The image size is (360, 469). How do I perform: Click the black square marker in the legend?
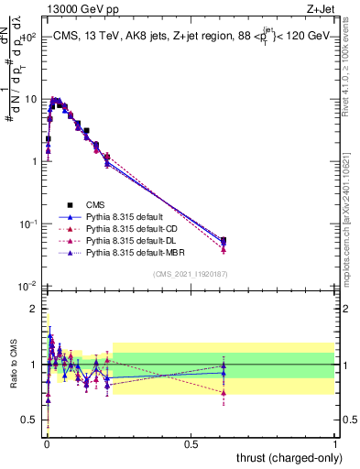click(69, 205)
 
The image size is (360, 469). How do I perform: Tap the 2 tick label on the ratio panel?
click(34, 309)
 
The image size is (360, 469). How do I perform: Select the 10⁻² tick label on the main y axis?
click(28, 286)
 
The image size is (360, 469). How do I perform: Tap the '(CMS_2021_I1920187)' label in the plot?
click(190, 274)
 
